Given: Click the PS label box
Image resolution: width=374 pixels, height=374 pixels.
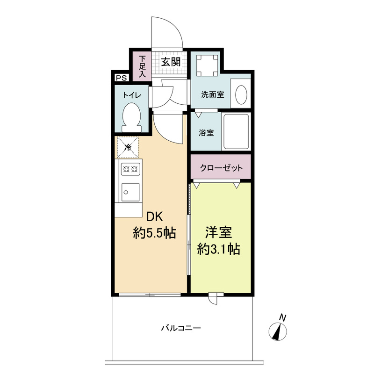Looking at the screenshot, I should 121,78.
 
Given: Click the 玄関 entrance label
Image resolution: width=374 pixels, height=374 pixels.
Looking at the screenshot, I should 171,62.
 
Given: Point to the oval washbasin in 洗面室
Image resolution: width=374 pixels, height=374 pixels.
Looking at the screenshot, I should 241,94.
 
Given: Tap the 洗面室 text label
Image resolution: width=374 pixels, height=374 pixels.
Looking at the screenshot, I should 212,94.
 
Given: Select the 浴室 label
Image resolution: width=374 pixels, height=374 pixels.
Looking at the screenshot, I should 207,132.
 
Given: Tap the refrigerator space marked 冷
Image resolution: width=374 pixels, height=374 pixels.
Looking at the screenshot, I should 127,147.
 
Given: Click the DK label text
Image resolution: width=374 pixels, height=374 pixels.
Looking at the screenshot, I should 155,217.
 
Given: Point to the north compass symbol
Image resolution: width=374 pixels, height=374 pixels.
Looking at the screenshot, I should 278,332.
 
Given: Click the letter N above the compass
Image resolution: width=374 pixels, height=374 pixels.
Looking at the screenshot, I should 282,317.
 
